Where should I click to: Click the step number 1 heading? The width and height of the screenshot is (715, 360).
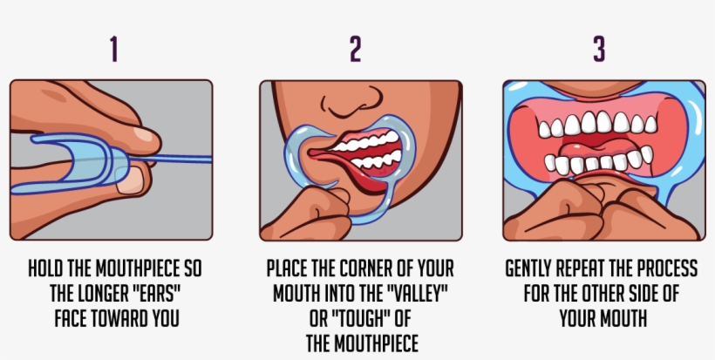113,50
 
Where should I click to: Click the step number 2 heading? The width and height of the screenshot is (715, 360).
355,50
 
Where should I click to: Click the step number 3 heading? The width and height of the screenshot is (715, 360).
599,50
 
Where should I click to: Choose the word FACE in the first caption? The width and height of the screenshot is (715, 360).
70,318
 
